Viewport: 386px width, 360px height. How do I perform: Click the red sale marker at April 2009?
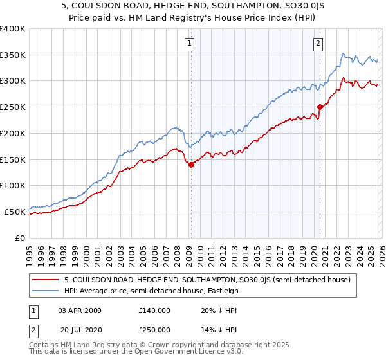coord(191,165)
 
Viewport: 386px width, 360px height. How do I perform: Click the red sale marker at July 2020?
coord(320,107)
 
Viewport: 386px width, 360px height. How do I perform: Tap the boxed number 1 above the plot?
coord(190,44)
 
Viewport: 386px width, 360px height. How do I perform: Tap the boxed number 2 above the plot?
coord(318,44)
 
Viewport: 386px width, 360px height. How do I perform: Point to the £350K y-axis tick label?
coord(12,55)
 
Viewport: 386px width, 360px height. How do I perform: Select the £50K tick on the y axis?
coord(14,212)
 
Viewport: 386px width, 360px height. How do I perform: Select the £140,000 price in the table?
coord(154,310)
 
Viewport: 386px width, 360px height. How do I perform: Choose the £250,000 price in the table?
coord(154,330)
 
